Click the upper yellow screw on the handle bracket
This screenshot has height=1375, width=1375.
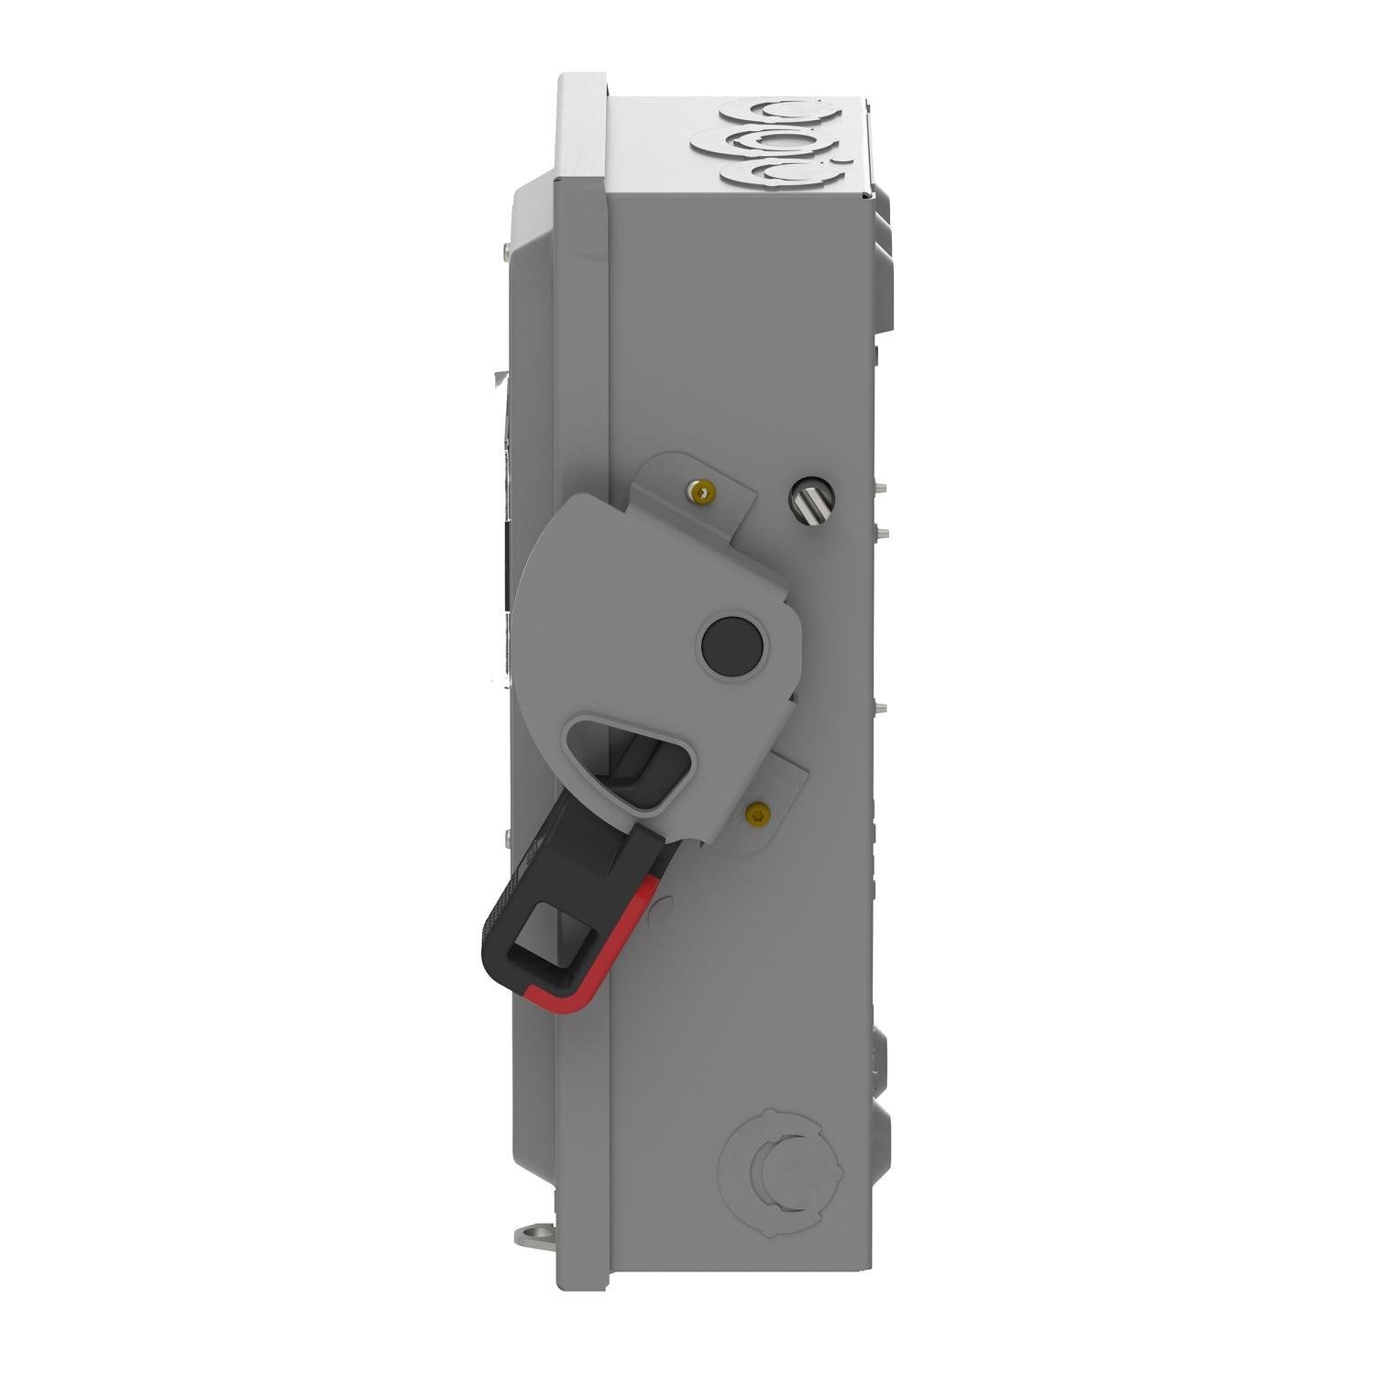[702, 493]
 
